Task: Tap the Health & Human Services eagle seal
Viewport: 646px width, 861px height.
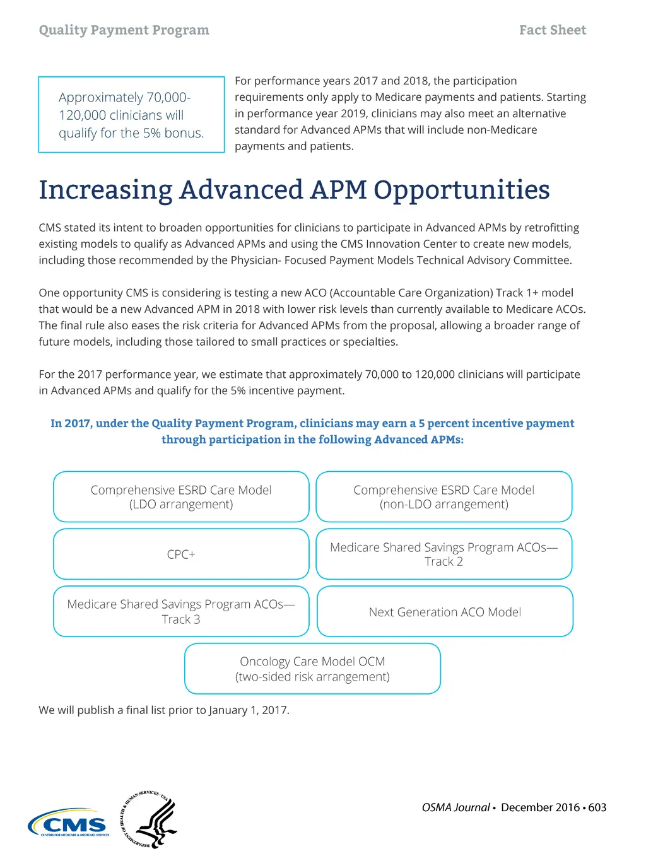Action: [150, 819]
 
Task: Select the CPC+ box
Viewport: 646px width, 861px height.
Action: [181, 554]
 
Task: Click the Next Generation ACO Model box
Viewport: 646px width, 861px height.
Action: [445, 612]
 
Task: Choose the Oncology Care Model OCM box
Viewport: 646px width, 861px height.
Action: [312, 669]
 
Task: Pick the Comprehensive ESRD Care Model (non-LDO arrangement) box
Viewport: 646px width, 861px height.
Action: [443, 497]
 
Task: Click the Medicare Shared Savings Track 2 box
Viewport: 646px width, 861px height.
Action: [443, 554]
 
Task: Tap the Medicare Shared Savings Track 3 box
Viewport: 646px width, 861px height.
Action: [181, 612]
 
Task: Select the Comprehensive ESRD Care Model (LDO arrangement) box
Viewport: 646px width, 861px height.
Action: [181, 497]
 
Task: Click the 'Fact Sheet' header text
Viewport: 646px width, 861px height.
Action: [552, 30]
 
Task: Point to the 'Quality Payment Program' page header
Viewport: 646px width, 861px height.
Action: [124, 30]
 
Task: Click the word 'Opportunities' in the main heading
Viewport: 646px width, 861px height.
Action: [461, 190]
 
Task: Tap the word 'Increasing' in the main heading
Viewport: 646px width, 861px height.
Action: [105, 190]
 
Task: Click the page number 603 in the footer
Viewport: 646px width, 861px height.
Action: [597, 807]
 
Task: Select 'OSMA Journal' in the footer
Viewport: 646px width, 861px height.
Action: [455, 807]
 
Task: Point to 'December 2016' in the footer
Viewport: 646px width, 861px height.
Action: [540, 807]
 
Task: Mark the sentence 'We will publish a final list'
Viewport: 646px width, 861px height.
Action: [164, 710]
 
